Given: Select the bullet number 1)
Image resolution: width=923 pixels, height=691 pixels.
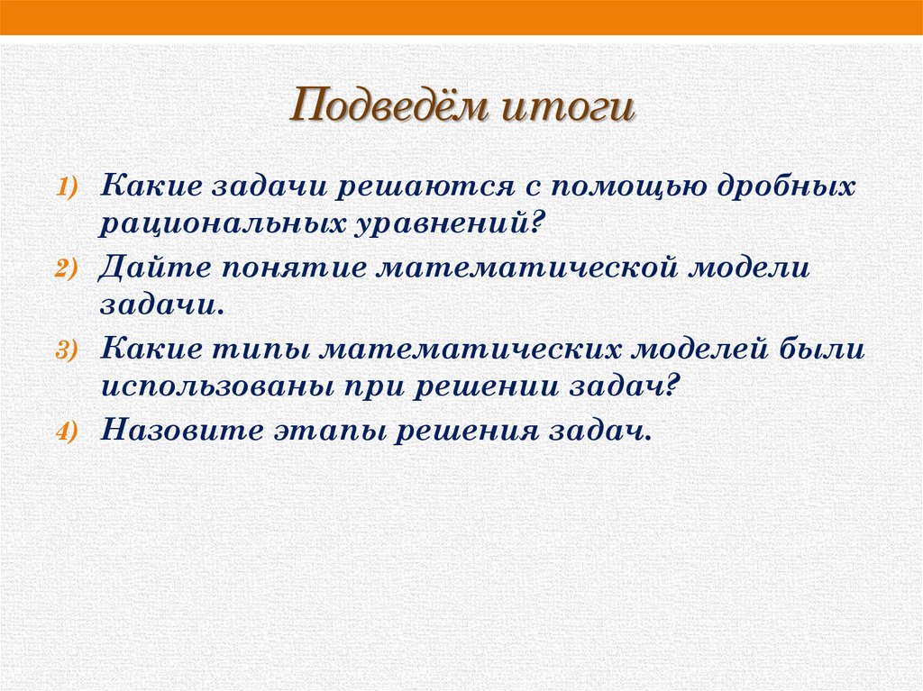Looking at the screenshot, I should click(72, 186).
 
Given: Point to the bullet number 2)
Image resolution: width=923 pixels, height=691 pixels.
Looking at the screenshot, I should click(72, 269).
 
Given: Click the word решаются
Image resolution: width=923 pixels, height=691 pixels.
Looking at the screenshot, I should click(411, 186).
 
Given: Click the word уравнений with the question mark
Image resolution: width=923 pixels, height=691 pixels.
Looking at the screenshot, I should click(443, 221).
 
